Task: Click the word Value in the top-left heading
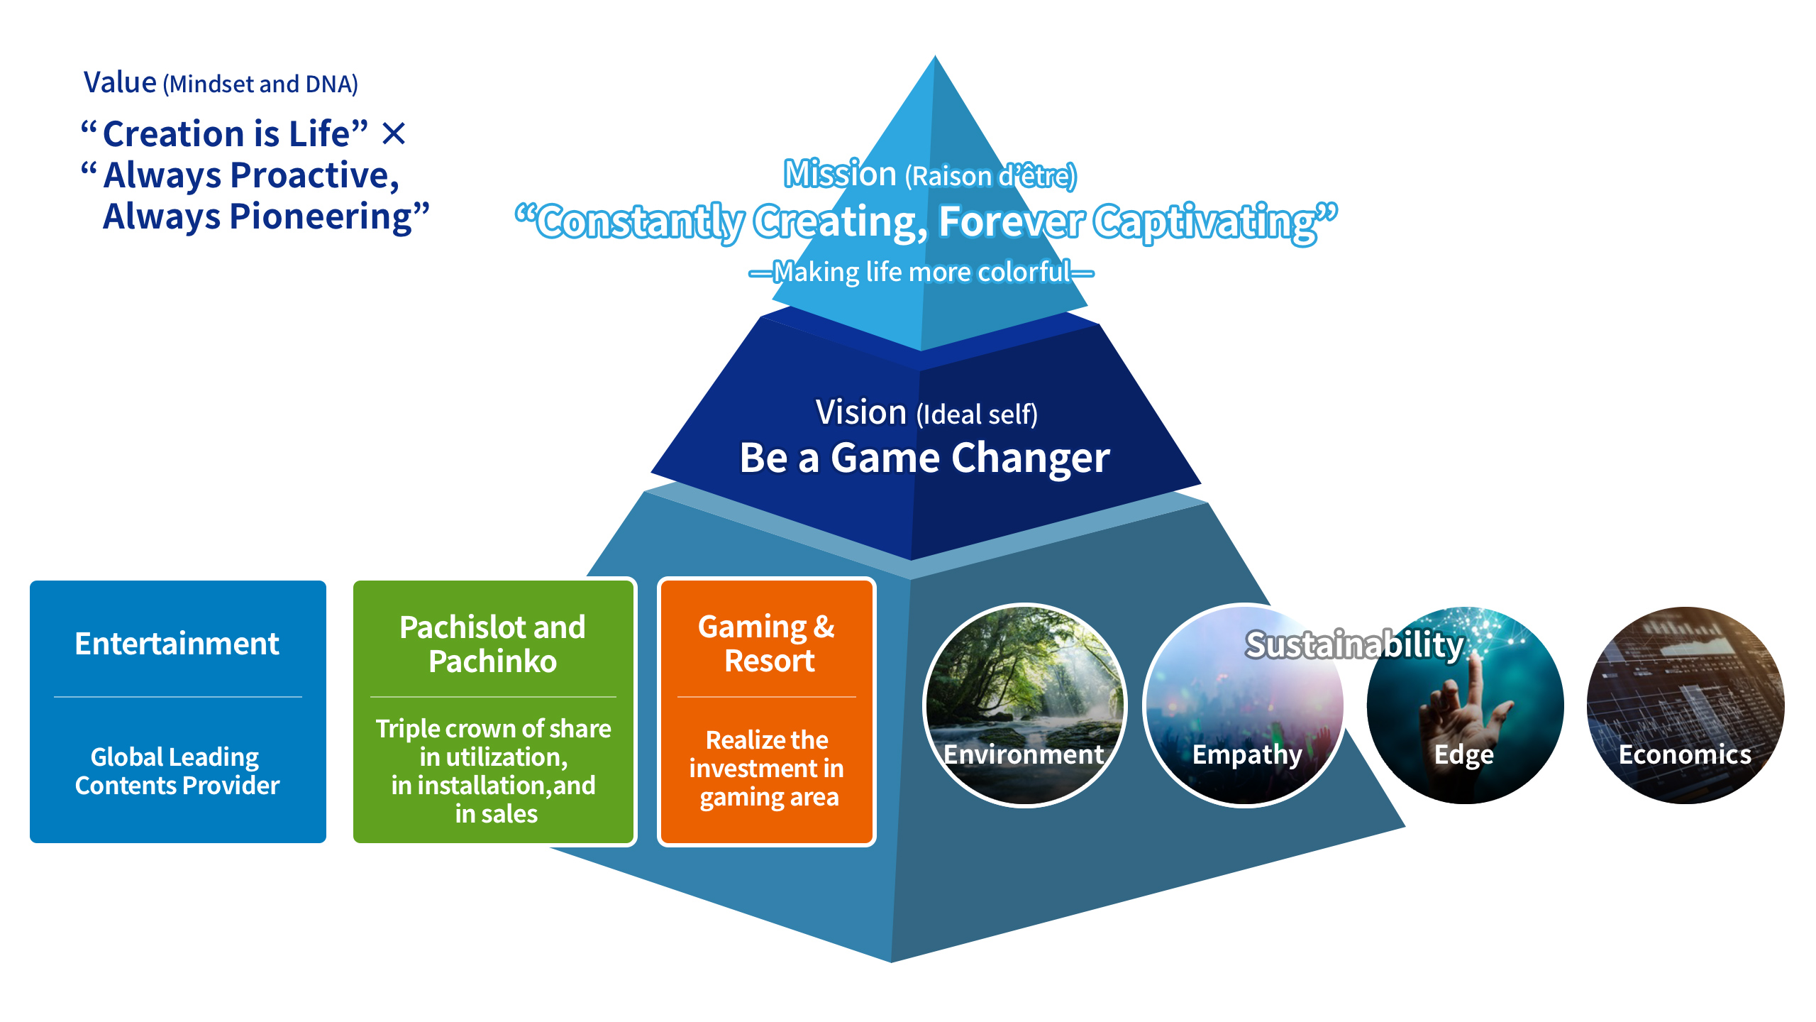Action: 120,82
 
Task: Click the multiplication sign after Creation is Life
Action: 394,133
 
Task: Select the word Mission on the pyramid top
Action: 840,174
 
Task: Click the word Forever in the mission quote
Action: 1010,221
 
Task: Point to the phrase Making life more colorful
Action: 921,272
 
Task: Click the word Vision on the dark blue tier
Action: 860,412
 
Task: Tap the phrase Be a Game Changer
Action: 924,458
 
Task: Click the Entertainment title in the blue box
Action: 177,644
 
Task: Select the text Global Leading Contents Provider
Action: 177,771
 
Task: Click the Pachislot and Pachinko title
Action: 493,644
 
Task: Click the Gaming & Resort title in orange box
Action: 768,644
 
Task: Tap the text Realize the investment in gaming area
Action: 768,769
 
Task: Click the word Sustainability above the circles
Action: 1354,644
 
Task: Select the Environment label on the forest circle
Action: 1024,754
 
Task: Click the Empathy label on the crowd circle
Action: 1246,754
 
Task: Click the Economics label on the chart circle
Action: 1685,754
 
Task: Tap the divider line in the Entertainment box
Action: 177,697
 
